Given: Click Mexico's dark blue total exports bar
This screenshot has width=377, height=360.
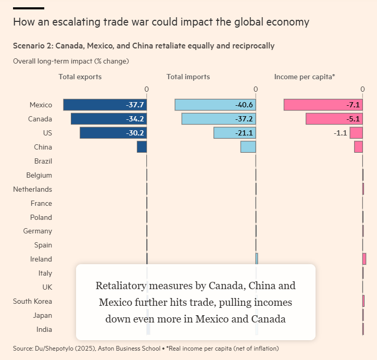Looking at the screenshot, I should [x=94, y=105].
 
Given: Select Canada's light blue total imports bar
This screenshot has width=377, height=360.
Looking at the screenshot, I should [x=208, y=119].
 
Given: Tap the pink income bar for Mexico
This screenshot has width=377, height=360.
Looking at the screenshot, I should [x=312, y=105].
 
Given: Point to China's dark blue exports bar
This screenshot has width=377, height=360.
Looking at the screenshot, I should [x=142, y=147].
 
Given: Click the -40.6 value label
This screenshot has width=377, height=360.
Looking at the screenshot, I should [x=244, y=105].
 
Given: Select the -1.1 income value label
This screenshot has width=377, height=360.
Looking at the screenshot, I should [x=341, y=133].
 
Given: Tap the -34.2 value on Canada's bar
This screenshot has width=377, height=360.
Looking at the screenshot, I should [x=135, y=119].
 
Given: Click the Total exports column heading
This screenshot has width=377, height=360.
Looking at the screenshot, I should [x=80, y=77].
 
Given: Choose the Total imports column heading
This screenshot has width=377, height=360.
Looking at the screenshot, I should [x=188, y=77].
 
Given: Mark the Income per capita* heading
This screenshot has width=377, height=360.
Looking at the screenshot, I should [x=305, y=77].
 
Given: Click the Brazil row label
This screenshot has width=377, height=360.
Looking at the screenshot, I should [x=43, y=161].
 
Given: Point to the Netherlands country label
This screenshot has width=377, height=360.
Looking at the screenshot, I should [x=32, y=189].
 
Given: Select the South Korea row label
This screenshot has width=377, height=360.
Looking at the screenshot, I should [x=32, y=301].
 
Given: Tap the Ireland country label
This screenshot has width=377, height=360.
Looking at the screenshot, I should [x=41, y=259].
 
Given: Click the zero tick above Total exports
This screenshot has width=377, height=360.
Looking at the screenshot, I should [x=146, y=89].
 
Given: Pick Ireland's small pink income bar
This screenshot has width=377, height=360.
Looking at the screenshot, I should [x=364, y=259].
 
